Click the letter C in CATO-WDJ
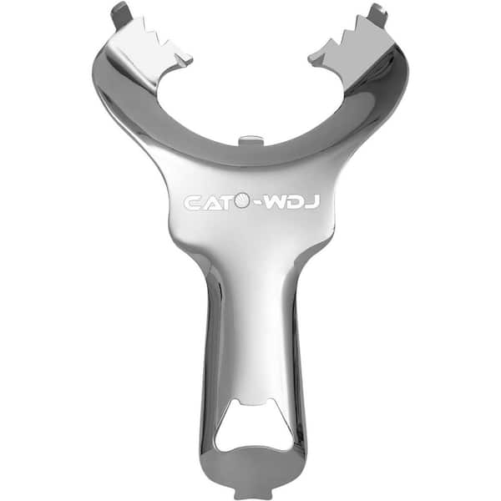pyautogui.click(x=192, y=203)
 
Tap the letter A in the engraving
pyautogui.click(x=210, y=203)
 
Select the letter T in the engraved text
pyautogui.click(x=225, y=203)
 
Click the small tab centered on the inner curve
pyautogui.click(x=250, y=140)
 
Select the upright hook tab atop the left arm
pyautogui.click(x=121, y=15)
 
